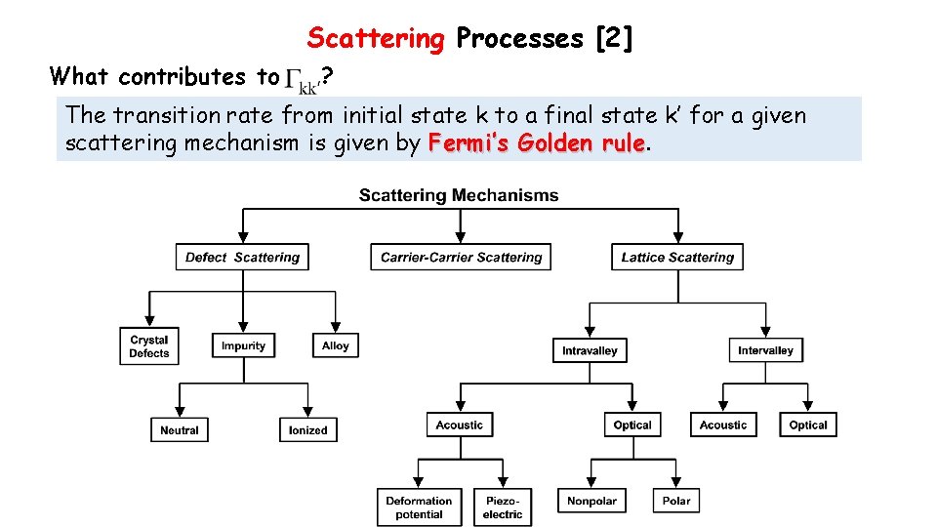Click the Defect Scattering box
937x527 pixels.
(x=243, y=258)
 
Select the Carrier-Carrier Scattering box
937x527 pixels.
(x=461, y=258)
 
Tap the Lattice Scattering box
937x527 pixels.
(x=677, y=258)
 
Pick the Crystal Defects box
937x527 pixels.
(x=149, y=346)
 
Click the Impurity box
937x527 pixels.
(x=243, y=345)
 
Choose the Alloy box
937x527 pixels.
(x=335, y=345)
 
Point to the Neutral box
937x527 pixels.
(x=180, y=429)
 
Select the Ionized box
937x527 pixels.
(x=308, y=429)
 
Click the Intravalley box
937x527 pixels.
(x=590, y=350)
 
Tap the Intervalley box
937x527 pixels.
(x=765, y=350)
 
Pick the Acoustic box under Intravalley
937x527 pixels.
(x=460, y=425)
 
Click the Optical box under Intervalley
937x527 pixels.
(x=808, y=425)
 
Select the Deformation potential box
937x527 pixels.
(x=419, y=507)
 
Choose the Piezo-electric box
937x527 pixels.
(x=504, y=507)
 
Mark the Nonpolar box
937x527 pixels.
(x=591, y=501)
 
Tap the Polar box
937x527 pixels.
(x=676, y=501)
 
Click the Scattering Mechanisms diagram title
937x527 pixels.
(x=459, y=195)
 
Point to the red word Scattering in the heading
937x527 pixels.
(x=376, y=38)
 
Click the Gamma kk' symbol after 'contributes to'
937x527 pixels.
(x=304, y=78)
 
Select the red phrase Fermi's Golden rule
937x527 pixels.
(x=536, y=144)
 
